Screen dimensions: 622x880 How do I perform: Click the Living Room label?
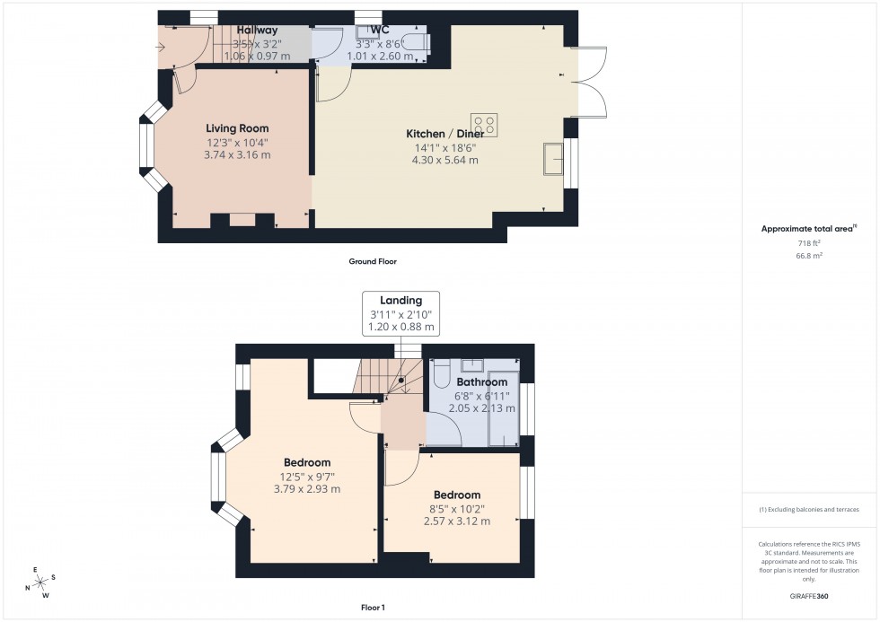(237, 128)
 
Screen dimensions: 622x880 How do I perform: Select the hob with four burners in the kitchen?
(485, 124)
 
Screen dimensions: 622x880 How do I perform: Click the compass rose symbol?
(40, 583)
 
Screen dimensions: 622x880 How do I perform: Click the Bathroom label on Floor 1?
(481, 381)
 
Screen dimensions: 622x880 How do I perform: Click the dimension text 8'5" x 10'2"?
(457, 508)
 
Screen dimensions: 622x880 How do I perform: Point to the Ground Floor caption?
(373, 262)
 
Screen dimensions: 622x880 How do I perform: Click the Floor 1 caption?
(371, 608)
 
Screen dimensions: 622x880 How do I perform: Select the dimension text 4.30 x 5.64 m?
(444, 161)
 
